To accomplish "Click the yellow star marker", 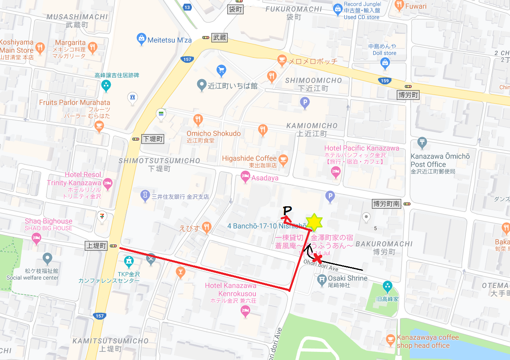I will pos(314,222).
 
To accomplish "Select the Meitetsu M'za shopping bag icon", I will pos(141,39).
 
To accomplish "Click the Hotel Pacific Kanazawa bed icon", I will pos(336,172).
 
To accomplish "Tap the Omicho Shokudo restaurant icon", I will pos(198,119).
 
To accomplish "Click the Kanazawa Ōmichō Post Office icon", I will pos(422,142).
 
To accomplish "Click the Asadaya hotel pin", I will pos(245,177).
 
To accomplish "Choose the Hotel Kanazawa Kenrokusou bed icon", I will pos(245,312).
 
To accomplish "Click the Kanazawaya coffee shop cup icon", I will pos(390,339).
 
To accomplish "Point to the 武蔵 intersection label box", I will pos(220,38).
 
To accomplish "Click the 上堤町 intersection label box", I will pos(96,246).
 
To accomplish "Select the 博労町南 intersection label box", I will pos(387,203).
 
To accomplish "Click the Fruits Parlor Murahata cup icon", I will pos(99,127).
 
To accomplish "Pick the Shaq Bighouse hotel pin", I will pos(37,238).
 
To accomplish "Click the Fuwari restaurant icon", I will pos(399,6).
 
